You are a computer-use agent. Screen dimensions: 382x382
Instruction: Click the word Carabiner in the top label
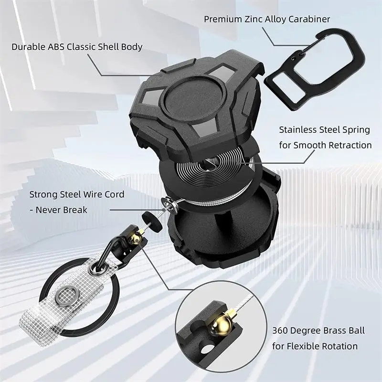[309, 20]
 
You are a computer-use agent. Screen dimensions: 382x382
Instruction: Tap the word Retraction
[347, 145]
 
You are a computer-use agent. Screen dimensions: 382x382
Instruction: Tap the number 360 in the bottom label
[281, 330]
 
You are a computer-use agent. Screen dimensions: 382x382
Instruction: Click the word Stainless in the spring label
[297, 129]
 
